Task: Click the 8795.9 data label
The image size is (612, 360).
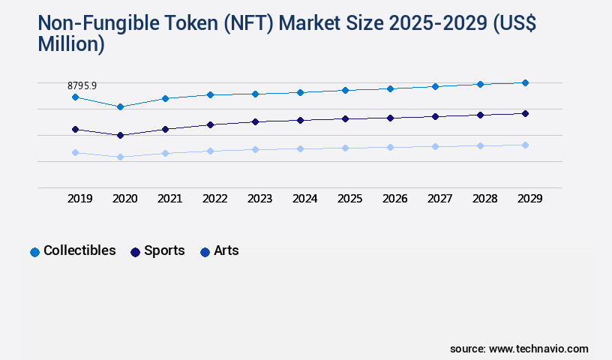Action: tap(82, 86)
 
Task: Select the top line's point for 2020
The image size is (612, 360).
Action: tap(120, 106)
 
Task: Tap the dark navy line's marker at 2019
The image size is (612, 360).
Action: tap(75, 129)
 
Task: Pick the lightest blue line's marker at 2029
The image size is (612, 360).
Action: tap(525, 145)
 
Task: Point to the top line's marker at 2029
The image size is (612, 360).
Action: tap(525, 82)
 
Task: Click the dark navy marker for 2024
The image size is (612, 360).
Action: tap(300, 120)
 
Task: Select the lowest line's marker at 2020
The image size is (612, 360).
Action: tap(120, 157)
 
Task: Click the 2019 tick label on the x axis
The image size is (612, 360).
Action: tap(79, 199)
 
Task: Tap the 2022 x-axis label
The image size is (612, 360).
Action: tap(214, 199)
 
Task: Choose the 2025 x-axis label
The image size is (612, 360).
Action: tap(349, 199)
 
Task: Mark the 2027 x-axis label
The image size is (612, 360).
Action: tap(439, 199)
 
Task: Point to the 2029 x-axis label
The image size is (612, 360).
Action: tap(529, 199)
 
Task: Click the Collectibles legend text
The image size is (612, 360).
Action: tap(79, 250)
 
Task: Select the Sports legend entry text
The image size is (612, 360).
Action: tap(164, 250)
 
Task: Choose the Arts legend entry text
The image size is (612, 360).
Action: tap(226, 250)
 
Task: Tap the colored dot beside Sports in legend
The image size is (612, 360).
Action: tap(136, 252)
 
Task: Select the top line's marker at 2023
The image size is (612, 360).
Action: tap(255, 94)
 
